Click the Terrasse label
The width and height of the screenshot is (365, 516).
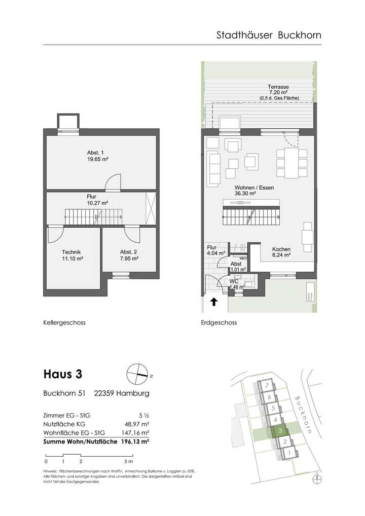point(279,87)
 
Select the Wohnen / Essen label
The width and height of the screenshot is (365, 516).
point(247,188)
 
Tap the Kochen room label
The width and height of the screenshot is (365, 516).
point(281,249)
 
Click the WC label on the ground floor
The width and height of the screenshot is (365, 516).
point(234,280)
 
